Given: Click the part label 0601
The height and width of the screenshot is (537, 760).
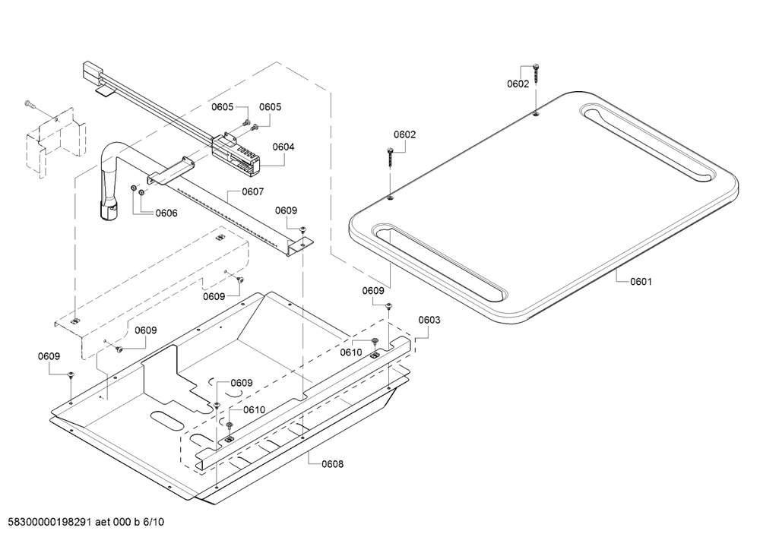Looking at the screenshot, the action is coord(641,281).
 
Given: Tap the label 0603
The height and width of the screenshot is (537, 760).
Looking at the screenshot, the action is coord(429,320).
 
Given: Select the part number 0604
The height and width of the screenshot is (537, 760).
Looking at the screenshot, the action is coord(283,147).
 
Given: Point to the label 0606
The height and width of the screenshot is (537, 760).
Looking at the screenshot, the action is coord(166,213).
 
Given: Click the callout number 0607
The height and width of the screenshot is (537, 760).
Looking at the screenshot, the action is coord(252,191).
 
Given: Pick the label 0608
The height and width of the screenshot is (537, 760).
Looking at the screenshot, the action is coord(333,464).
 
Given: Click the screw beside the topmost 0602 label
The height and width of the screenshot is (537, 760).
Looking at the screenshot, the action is coord(536,73).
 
